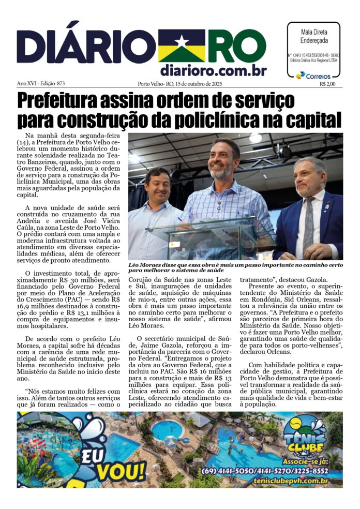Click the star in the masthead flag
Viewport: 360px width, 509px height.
point(181,41)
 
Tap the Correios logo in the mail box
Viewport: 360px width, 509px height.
point(313,76)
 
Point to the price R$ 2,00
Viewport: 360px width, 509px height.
point(327,84)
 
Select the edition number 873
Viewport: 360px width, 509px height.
point(61,84)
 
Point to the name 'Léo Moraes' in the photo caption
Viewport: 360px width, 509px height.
point(145,264)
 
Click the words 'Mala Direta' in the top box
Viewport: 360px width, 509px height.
point(313,32)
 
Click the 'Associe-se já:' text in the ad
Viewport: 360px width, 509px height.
point(303,461)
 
